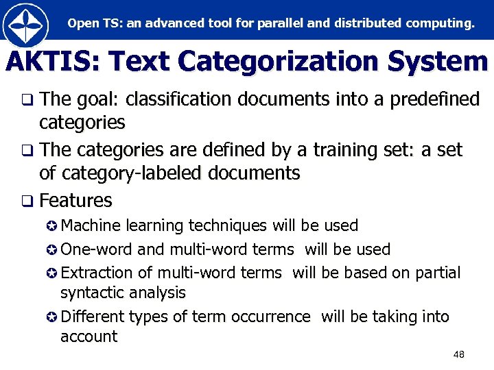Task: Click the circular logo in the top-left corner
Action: [x=25, y=25]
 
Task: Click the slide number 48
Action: [x=459, y=354]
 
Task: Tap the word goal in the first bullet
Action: [x=96, y=100]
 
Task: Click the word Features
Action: [x=75, y=201]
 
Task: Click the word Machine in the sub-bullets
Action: [x=91, y=225]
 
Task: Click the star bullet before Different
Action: [x=53, y=317]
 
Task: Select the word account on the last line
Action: [x=89, y=336]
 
